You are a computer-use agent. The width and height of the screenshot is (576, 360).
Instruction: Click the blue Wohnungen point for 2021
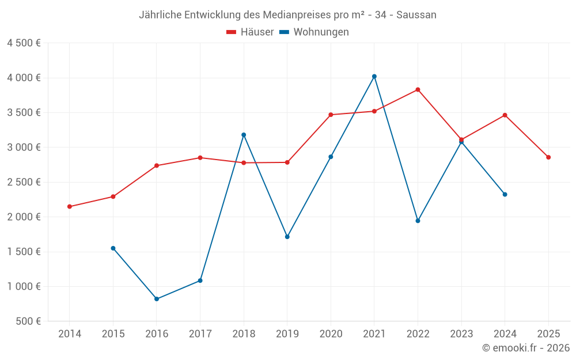tap(374, 76)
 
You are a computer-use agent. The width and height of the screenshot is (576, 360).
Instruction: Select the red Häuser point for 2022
tap(418, 90)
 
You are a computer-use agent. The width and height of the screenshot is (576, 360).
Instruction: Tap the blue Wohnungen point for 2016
tap(157, 299)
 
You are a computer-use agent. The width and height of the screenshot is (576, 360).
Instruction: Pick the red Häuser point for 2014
tap(70, 207)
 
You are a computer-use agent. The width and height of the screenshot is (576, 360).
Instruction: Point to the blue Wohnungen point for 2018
tap(244, 135)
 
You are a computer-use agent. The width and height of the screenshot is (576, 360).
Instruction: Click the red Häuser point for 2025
tap(548, 157)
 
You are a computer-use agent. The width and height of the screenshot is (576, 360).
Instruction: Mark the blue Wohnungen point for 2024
tap(505, 194)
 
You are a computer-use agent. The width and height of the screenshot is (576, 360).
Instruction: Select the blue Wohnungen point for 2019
tap(287, 237)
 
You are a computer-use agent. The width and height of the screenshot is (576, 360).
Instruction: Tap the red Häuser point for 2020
tap(331, 115)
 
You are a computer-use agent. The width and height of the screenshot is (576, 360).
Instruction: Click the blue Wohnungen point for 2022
tap(418, 221)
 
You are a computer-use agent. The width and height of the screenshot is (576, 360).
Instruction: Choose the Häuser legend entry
tap(250, 32)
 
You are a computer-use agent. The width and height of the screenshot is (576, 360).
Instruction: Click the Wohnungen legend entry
tap(314, 32)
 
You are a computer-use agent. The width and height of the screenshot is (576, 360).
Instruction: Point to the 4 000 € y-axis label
tap(24, 78)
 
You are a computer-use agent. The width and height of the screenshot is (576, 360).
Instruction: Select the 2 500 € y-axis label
tap(24, 182)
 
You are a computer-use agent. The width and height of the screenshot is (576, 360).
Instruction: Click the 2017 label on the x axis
tap(200, 334)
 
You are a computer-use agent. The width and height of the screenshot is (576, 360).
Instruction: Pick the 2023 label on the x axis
tap(461, 334)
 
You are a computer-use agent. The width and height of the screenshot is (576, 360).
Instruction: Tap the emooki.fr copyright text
tap(525, 348)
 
